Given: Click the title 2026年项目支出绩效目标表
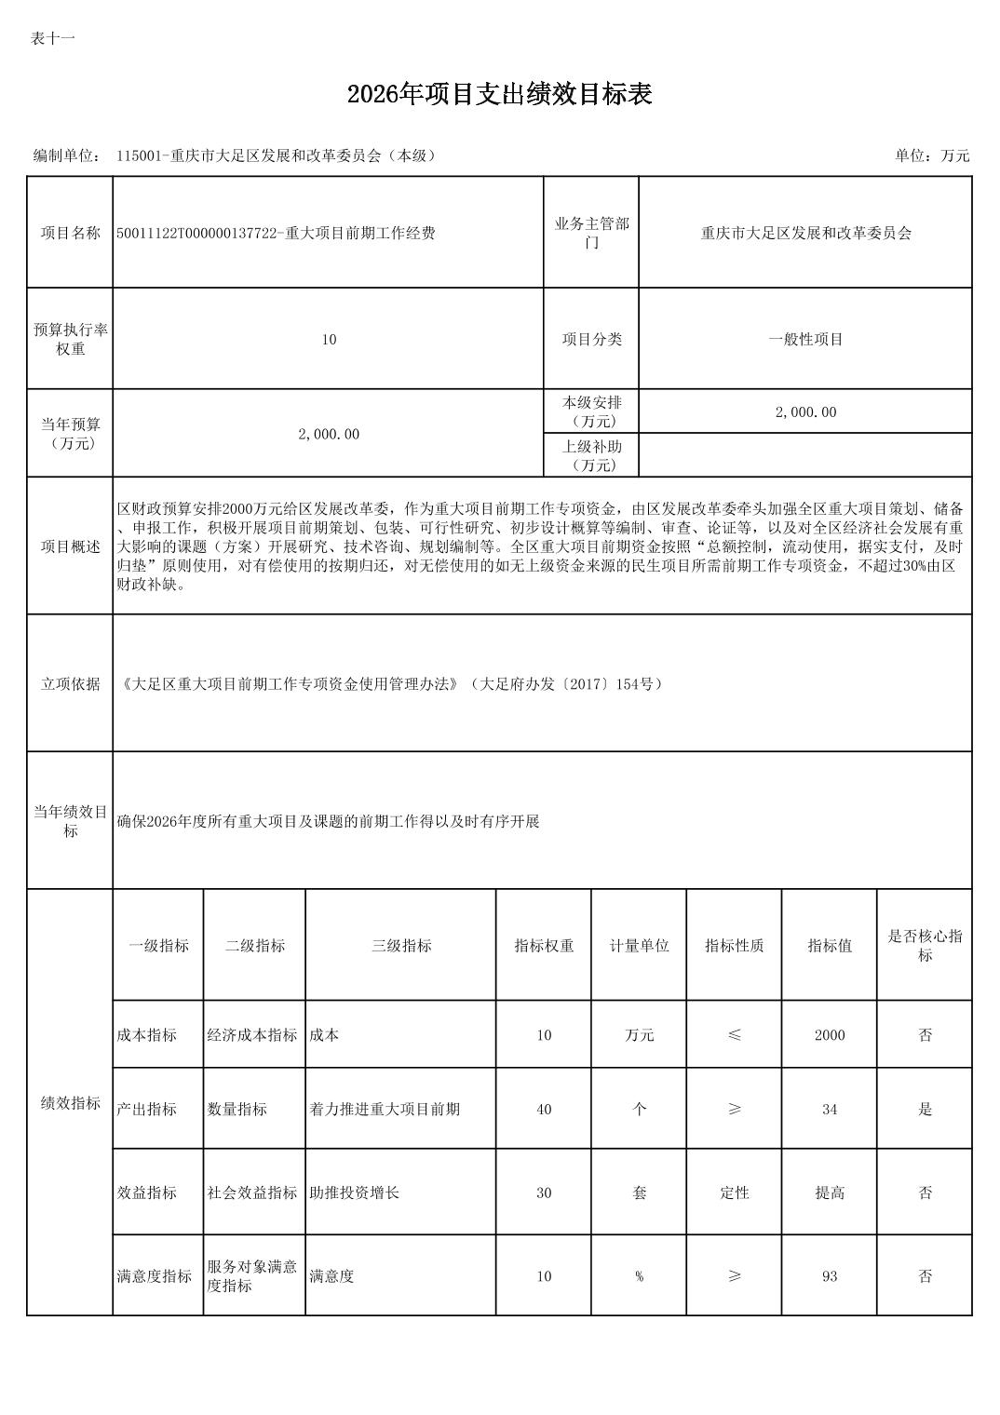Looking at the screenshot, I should tap(499, 94).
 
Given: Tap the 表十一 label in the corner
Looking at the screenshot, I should tap(52, 38).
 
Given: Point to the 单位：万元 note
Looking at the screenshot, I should tap(932, 155).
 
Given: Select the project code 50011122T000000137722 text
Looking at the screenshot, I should tap(196, 234).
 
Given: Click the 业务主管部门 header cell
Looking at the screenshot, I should tap(591, 233).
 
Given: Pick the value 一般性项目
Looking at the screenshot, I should tap(805, 340).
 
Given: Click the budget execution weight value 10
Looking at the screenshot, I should tap(329, 340).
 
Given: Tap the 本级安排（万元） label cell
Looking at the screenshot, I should tap(591, 411).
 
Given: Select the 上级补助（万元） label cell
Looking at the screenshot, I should tap(591, 455).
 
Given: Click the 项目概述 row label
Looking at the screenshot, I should tap(70, 546).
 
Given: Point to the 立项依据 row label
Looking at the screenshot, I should tap(70, 684).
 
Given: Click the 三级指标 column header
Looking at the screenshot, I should tap(401, 946).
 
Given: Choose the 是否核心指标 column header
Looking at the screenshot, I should tap(925, 946).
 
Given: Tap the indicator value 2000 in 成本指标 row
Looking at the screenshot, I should tap(830, 1035).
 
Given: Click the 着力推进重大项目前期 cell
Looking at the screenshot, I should tap(385, 1110).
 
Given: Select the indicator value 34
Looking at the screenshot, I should tap(830, 1110).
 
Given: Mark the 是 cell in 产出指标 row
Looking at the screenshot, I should tap(925, 1110).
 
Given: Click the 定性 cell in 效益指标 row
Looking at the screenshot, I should tap(735, 1193).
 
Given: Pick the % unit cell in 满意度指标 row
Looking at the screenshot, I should tap(640, 1276).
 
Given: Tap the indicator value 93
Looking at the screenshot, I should tap(830, 1276).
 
